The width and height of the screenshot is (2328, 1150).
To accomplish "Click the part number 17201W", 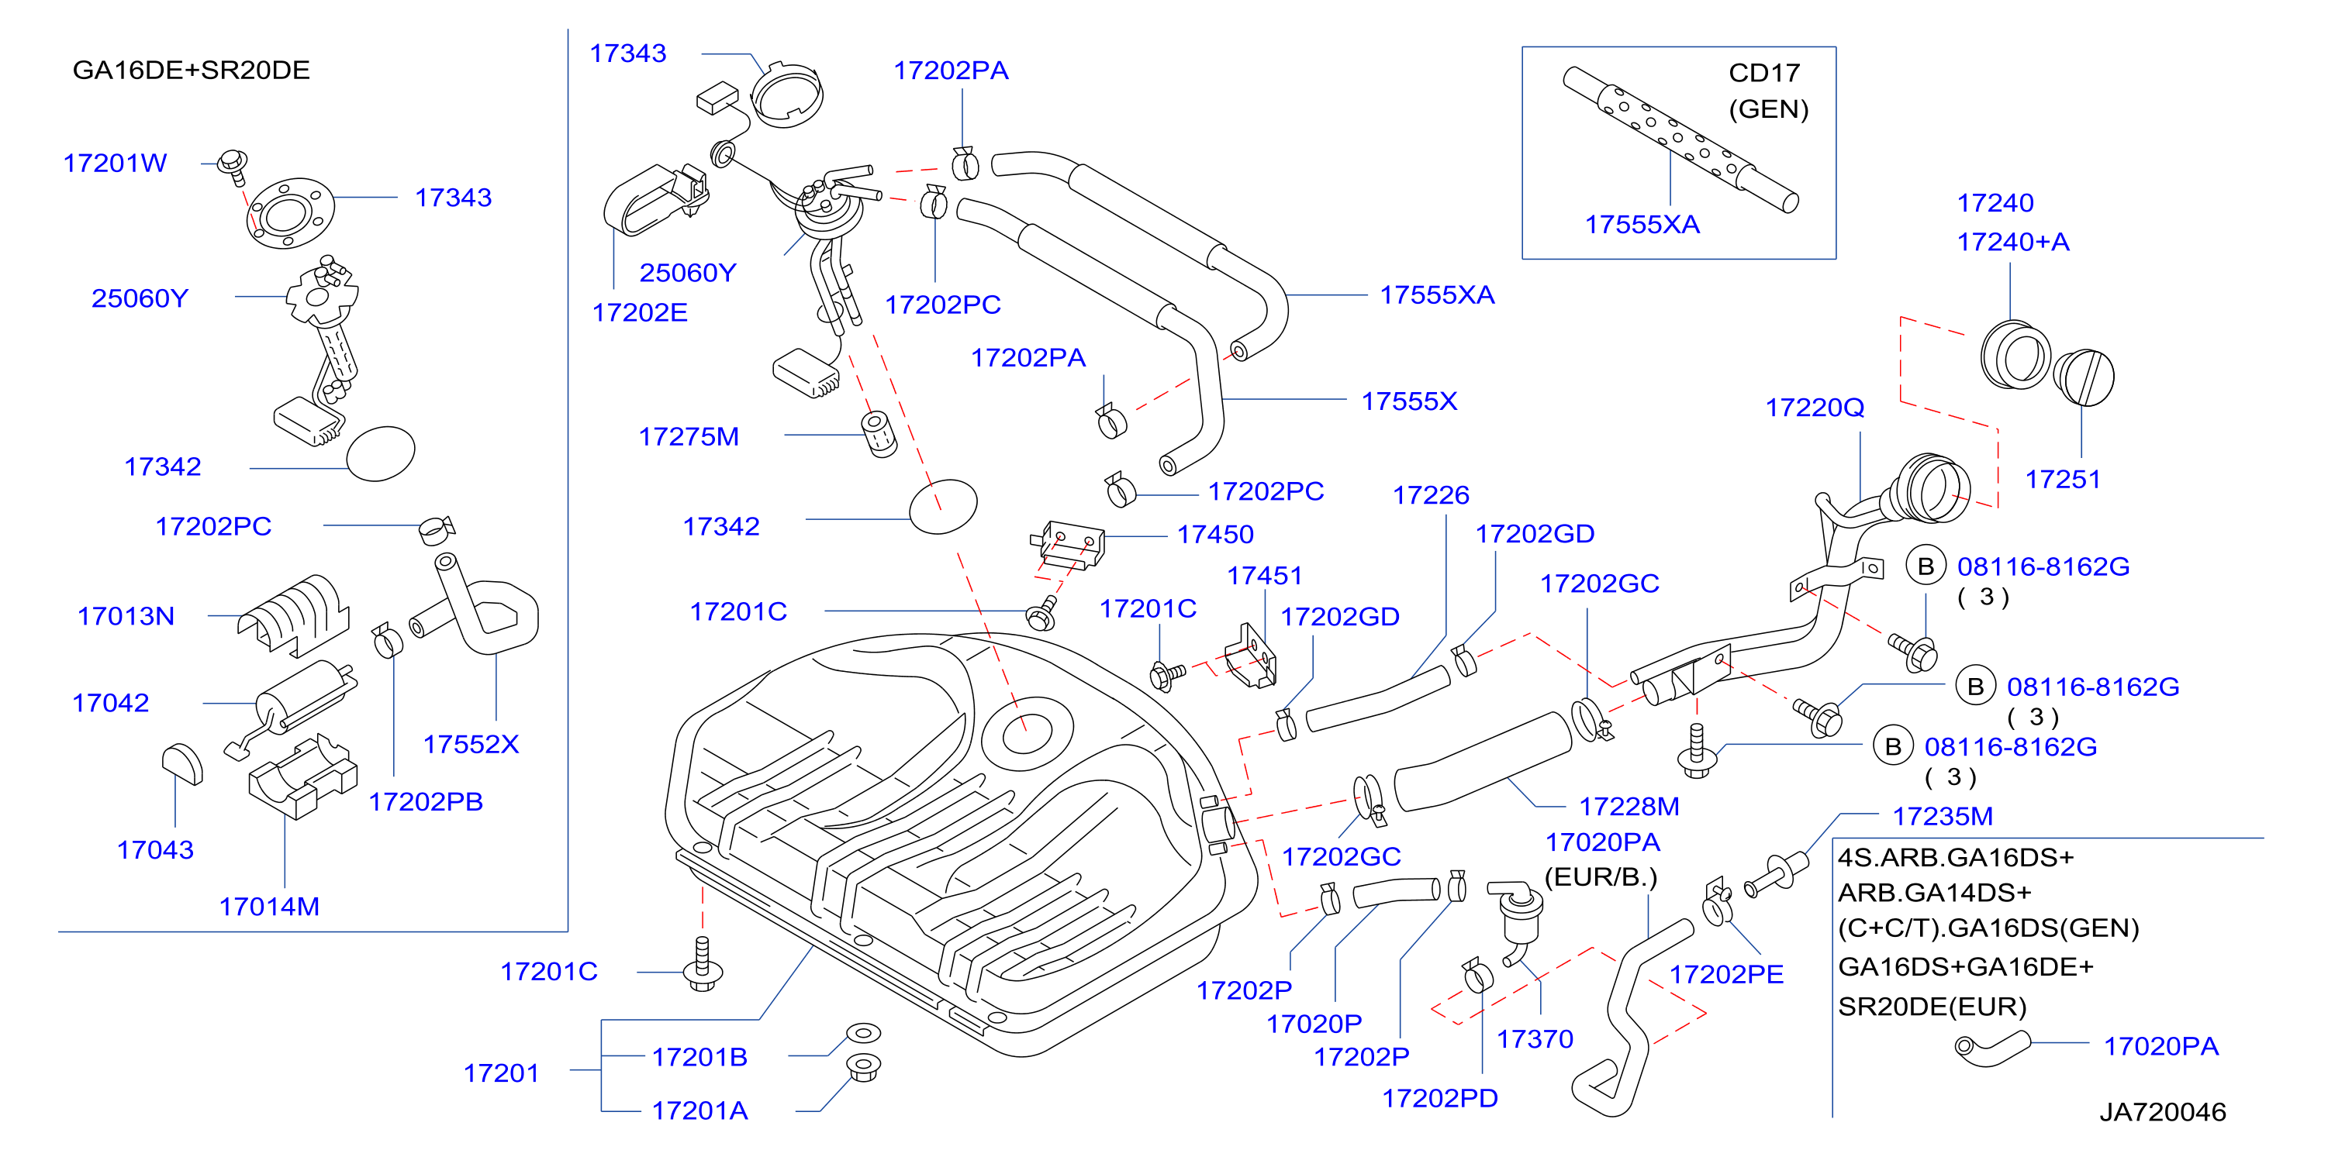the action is tap(115, 163).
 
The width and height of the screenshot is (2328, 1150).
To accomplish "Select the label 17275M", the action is tap(689, 436).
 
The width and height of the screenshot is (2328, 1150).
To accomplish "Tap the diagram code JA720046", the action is tap(2162, 1111).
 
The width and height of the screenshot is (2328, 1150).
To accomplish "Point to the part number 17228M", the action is tap(1629, 806).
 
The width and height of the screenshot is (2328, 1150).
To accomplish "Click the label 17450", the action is tap(1214, 534).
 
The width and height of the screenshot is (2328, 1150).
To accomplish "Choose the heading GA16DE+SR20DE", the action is tap(191, 70).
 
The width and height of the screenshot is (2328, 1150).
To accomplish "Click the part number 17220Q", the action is tap(1815, 408).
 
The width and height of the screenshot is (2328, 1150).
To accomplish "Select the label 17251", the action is tap(2064, 479).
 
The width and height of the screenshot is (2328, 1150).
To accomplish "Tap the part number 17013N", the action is tap(126, 616).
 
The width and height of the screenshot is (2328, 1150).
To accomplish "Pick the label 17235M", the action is tap(1943, 816).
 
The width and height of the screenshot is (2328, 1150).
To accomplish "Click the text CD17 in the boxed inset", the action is tap(1764, 72).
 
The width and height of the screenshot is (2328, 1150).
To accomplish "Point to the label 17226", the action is tap(1431, 495).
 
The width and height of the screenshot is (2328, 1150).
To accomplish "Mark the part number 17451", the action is tap(1264, 576).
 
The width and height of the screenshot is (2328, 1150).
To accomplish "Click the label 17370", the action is tap(1535, 1039).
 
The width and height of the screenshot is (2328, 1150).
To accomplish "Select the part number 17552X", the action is tap(471, 745).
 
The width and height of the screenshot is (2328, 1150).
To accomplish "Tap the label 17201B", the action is tap(699, 1057).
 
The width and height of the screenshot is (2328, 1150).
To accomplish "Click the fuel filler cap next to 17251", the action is tap(2084, 377).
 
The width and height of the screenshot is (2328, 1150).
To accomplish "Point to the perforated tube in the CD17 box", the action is tap(1680, 139).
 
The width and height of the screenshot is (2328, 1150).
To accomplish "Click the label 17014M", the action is tap(269, 906).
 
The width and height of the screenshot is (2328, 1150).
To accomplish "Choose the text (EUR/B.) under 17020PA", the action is tap(1601, 877).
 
